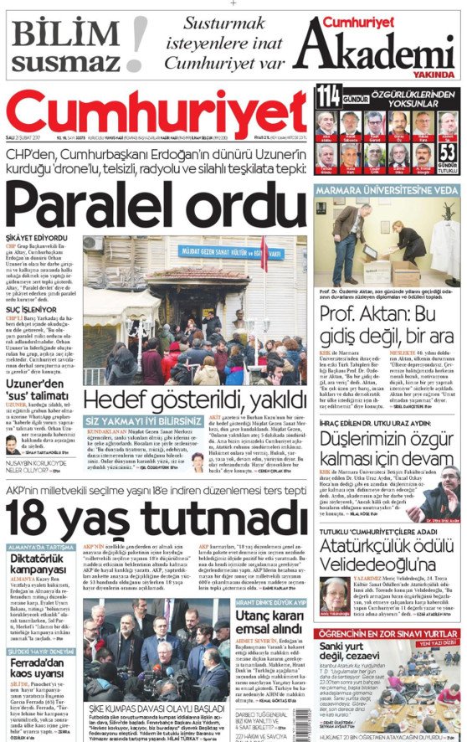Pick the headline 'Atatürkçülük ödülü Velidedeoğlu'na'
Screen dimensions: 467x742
pos(387,556)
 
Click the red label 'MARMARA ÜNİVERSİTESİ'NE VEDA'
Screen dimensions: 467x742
pos(387,190)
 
